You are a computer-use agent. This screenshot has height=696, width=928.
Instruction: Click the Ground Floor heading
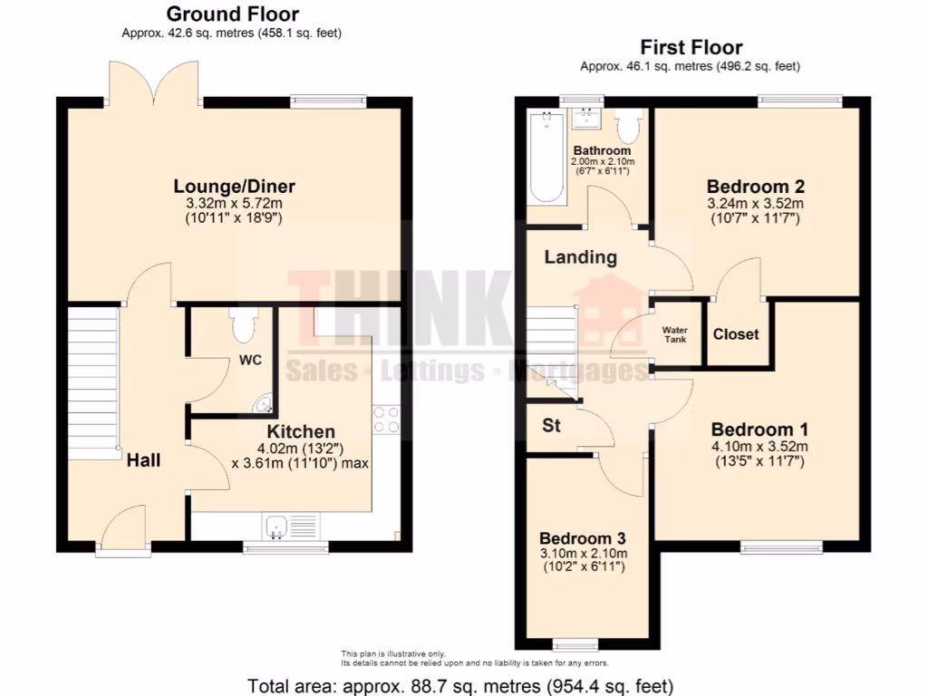233,14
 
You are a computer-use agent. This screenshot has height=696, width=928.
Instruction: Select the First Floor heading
691,47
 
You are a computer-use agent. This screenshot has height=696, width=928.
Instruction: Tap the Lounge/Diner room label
235,187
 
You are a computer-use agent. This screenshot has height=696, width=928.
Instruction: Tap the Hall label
143,460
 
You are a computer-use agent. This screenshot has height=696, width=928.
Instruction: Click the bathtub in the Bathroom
546,155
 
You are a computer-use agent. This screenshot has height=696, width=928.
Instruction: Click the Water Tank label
675,334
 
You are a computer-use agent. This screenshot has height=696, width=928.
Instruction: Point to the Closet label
736,334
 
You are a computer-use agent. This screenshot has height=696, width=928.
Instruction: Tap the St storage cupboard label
551,425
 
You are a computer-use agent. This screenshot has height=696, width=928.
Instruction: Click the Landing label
580,257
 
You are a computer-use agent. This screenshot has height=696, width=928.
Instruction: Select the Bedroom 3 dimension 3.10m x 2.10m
584,555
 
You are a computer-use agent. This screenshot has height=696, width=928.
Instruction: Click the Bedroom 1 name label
759,430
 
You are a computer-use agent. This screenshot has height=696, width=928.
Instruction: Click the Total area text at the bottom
461,685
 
